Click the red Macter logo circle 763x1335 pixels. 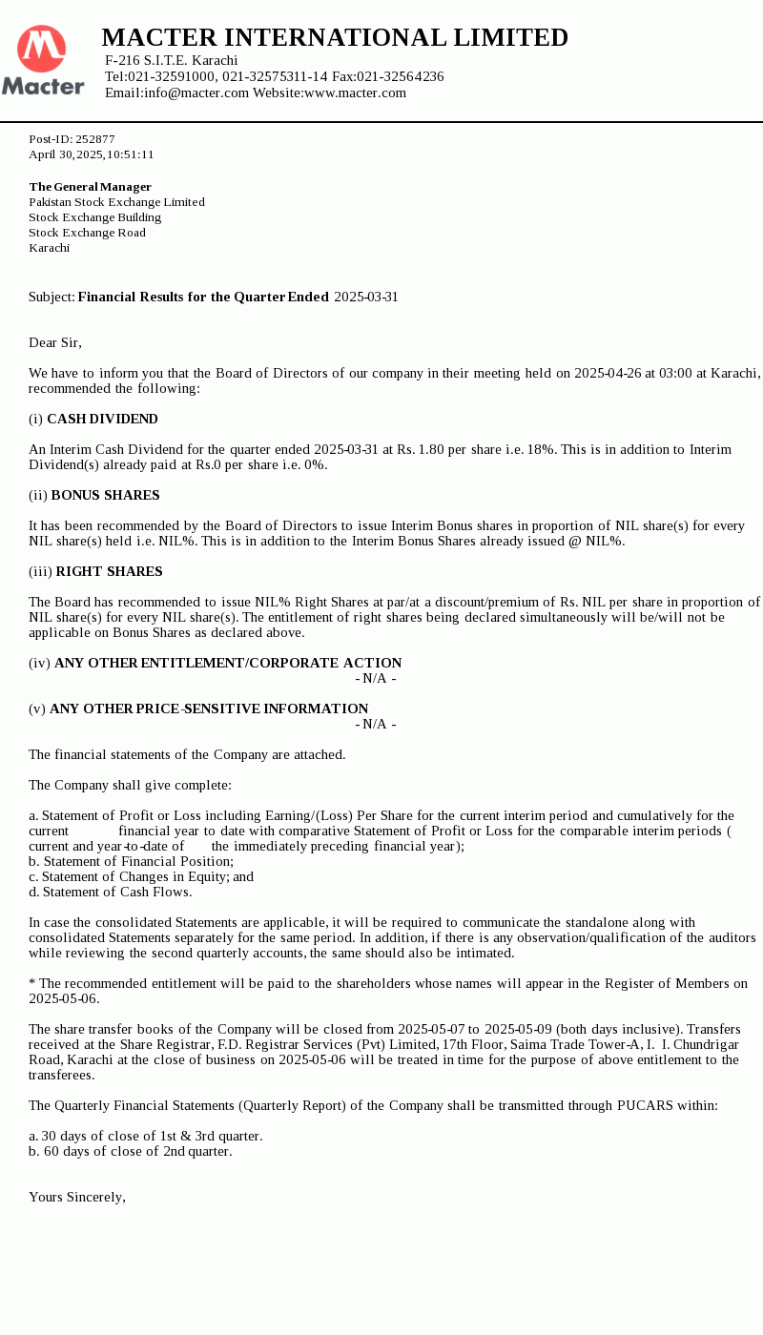(x=42, y=49)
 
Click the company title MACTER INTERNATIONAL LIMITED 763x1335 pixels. (x=335, y=37)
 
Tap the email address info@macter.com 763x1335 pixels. (x=196, y=92)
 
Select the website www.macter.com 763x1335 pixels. (x=355, y=92)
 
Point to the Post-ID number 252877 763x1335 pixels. (x=95, y=138)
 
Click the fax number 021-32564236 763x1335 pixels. (x=401, y=76)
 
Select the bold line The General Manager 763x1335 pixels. (x=90, y=186)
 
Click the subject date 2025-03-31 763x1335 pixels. (x=366, y=297)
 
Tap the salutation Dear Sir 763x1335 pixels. (x=55, y=342)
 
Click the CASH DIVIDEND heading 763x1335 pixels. (x=102, y=419)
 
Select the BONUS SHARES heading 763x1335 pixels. (x=105, y=495)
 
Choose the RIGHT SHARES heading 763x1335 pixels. (x=109, y=571)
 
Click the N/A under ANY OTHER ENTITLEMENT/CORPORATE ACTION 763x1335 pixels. (x=376, y=678)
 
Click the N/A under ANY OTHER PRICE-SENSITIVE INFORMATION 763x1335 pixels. (x=376, y=724)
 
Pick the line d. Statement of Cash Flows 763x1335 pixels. (x=110, y=892)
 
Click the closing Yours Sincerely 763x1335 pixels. (x=77, y=1197)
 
